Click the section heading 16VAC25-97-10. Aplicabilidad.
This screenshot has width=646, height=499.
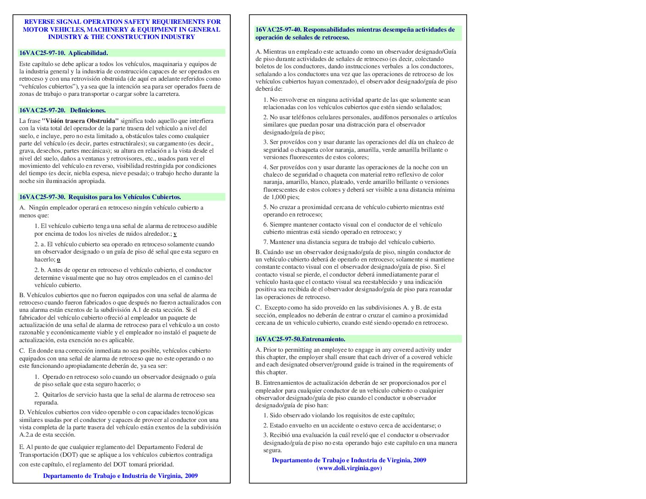tap(63, 53)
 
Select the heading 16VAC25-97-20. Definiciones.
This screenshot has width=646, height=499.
tap(62, 111)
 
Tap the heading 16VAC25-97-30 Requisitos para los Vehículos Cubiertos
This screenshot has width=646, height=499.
tap(100, 197)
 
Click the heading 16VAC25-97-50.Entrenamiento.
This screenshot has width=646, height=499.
tap(300, 339)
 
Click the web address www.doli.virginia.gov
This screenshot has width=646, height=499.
tap(349, 468)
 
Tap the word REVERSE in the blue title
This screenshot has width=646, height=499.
tap(40, 22)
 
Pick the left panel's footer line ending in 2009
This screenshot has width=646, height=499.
tap(120, 476)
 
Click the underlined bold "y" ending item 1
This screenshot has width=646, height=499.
tap(175, 234)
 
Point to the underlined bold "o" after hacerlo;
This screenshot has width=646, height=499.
tap(59, 260)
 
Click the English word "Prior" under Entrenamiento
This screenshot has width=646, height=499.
tap(270, 350)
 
